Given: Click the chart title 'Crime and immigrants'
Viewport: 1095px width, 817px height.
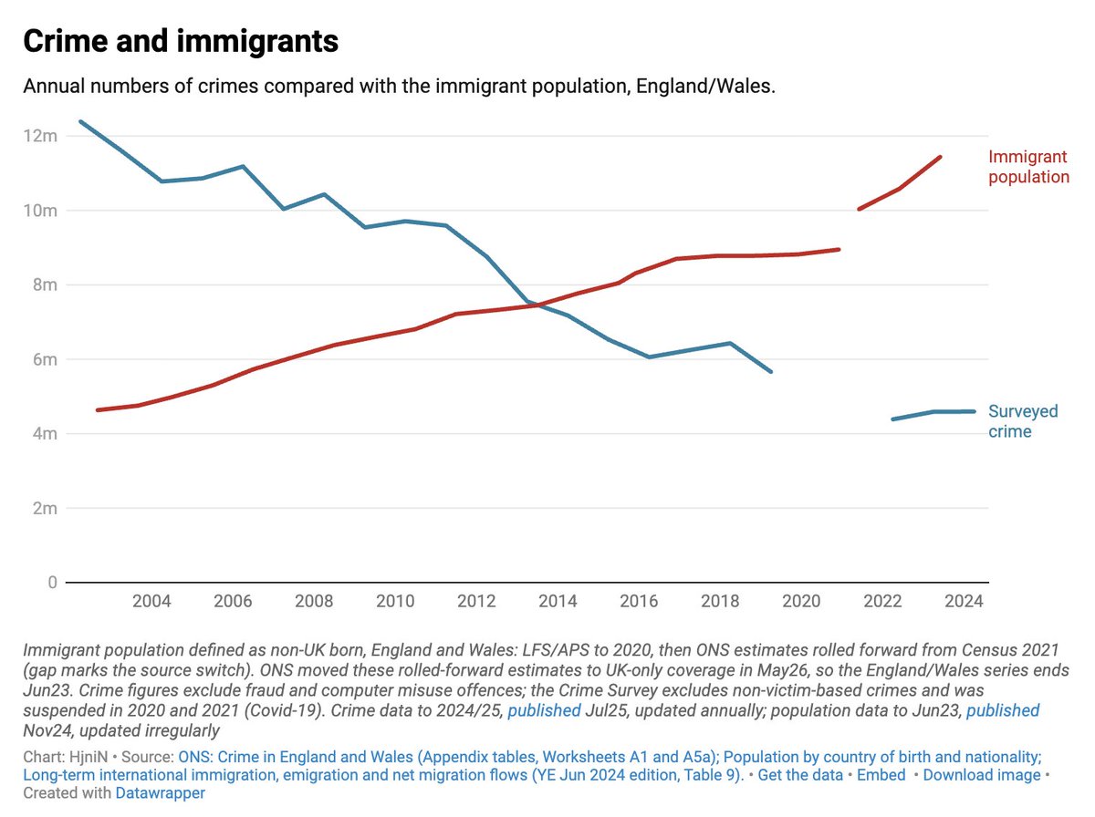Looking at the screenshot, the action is tap(181, 41).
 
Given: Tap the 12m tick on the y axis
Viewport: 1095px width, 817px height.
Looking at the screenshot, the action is tap(40, 136).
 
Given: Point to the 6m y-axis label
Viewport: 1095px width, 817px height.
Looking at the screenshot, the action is tap(45, 359).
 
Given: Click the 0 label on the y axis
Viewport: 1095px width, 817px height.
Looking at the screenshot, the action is tap(52, 582).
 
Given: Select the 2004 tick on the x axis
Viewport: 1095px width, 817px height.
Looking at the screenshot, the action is tap(151, 601).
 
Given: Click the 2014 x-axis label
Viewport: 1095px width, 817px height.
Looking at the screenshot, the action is tap(558, 601).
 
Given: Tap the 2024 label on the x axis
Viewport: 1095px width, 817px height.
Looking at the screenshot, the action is tap(964, 601).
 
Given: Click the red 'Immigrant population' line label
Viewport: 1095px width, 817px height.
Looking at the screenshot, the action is tap(1028, 167).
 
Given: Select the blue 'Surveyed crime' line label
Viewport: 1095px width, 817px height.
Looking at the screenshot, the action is tap(1023, 420).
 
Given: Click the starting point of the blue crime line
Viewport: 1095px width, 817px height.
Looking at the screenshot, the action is tap(81, 121).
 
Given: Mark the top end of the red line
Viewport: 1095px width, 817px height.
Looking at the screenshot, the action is tap(941, 157).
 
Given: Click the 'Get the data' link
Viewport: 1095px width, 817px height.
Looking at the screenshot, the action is tap(800, 775).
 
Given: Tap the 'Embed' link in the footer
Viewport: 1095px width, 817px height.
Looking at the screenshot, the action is tap(881, 775).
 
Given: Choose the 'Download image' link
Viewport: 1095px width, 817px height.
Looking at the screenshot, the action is tap(982, 775).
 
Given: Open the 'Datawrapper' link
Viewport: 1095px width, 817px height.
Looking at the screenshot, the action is tap(160, 792).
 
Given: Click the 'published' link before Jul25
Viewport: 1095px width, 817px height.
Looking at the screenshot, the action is tap(544, 710).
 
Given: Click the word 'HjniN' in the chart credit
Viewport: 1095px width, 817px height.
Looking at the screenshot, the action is tap(89, 757).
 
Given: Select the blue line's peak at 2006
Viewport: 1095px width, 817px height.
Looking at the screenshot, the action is tap(243, 166).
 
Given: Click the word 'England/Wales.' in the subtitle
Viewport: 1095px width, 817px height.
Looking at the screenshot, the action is tap(706, 87).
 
